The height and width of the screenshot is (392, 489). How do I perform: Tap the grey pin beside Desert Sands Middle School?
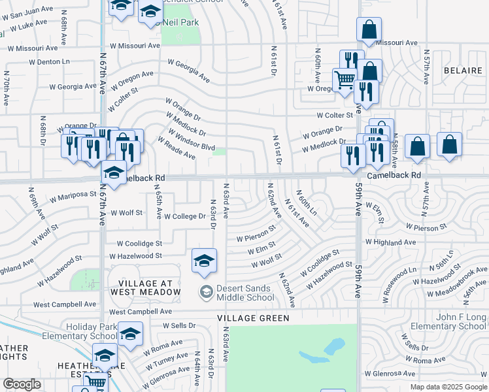pyautogui.click(x=206, y=291)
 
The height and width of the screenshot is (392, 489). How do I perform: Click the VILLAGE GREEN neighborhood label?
pyautogui.click(x=253, y=318)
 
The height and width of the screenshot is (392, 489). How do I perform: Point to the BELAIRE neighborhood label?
pyautogui.click(x=462, y=69)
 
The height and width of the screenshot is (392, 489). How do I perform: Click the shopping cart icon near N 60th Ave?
pyautogui.click(x=345, y=80)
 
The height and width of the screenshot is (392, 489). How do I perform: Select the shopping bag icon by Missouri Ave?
pyautogui.click(x=369, y=29)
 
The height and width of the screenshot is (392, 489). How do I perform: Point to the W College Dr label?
pyautogui.click(x=184, y=216)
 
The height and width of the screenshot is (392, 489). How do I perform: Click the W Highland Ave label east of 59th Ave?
pyautogui.click(x=390, y=242)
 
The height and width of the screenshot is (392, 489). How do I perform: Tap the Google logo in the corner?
pyautogui.click(x=22, y=384)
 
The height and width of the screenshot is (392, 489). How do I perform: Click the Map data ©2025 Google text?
pyautogui.click(x=448, y=387)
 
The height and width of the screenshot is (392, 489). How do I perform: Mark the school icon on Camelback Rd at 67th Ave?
pyautogui.click(x=114, y=173)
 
